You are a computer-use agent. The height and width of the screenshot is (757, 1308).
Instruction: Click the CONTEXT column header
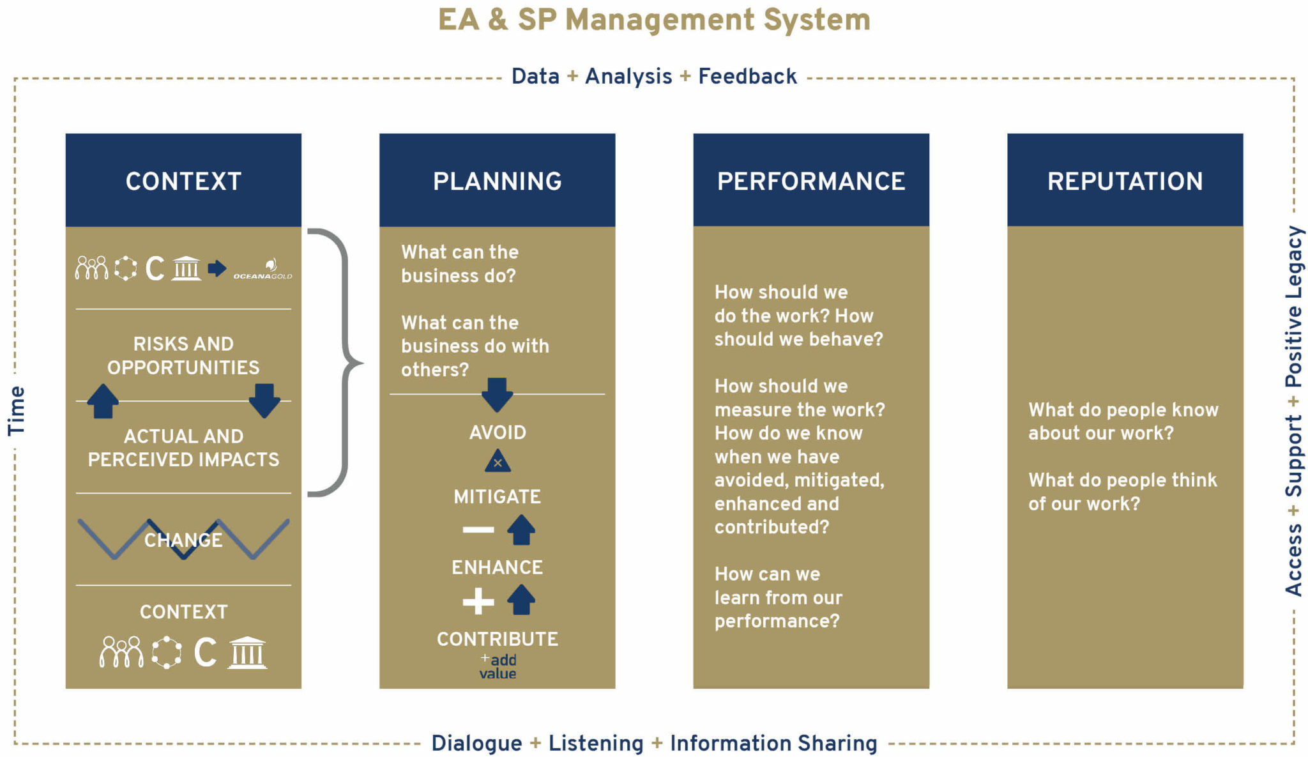coord(183,181)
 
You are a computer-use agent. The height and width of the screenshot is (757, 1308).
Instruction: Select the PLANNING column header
coord(497,181)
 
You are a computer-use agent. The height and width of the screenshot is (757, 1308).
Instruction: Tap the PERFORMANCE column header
coord(810,181)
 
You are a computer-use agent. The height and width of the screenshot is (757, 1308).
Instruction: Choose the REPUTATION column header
coord(1125,181)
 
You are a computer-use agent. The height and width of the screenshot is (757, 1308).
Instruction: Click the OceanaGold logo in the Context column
coord(263,270)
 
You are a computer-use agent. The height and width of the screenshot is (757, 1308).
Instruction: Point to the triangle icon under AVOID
coord(498,461)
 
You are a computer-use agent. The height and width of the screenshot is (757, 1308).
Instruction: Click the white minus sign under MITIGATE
coord(478,530)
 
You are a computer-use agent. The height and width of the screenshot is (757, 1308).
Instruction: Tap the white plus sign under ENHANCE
coord(478,601)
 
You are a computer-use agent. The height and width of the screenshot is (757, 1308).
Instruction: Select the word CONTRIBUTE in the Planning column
coord(498,639)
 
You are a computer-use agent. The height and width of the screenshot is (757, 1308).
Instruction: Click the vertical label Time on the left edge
coord(17,410)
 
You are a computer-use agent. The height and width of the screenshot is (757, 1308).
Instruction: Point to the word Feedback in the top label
coord(747,77)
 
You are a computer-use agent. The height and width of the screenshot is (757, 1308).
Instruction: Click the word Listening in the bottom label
coord(596,743)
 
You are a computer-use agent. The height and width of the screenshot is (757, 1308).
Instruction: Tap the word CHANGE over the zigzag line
coord(183,540)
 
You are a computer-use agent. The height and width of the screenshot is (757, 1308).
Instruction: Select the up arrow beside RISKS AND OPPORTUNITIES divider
coord(103,401)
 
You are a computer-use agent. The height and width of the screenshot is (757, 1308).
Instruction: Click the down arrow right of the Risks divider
coord(264,401)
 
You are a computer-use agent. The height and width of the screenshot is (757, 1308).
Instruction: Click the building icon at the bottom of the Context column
coord(248,652)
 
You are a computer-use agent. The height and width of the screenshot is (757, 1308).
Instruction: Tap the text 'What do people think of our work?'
coord(1122,492)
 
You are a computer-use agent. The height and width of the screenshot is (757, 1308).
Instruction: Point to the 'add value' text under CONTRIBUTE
coord(499,666)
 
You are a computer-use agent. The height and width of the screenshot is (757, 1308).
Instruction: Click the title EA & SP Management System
coord(654,19)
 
